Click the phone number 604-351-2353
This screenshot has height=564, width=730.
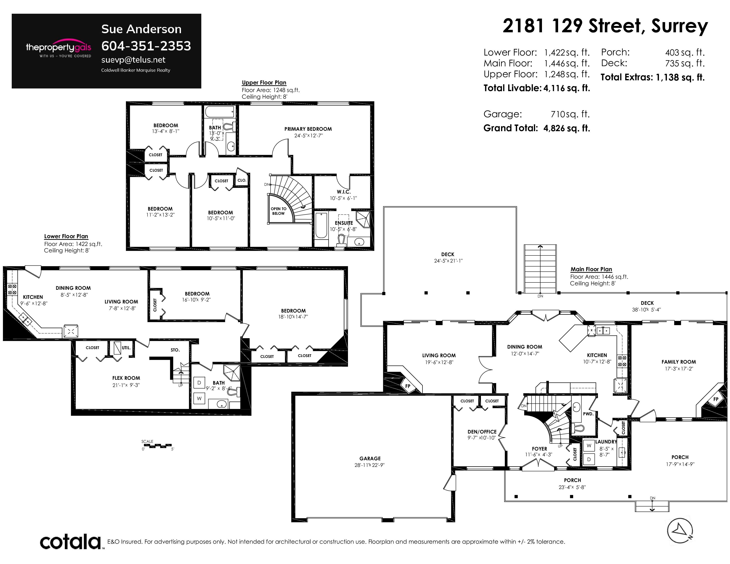146,46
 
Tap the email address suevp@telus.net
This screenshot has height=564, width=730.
133,60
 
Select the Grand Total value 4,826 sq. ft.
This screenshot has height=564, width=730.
567,128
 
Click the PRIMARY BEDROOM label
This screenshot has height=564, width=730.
308,129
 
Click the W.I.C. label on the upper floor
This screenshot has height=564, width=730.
344,192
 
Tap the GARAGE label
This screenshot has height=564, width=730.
370,459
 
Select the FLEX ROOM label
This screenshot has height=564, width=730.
126,378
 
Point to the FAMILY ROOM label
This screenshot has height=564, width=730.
678,362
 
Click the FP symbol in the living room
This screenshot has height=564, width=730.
408,386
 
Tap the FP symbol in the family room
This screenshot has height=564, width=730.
716,399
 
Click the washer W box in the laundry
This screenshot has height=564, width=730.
589,445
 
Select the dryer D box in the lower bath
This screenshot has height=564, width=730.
199,383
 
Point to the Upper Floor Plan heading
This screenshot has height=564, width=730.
264,82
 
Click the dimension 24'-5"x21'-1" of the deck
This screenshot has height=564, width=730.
448,261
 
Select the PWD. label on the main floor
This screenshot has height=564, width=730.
588,414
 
